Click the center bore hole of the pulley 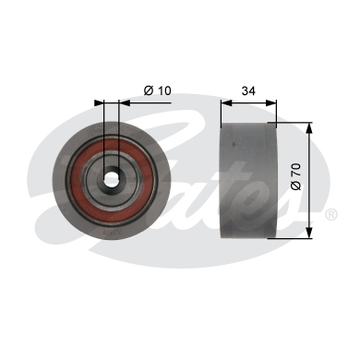113,179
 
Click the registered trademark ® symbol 330,214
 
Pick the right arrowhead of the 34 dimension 273,103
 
